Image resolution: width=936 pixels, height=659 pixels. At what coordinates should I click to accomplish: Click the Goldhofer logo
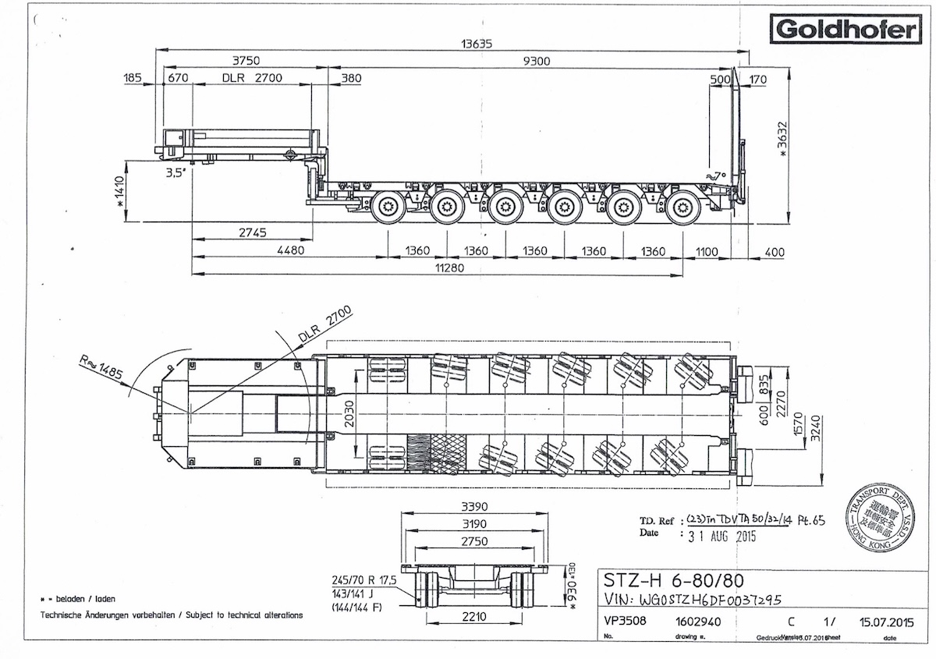point(845,30)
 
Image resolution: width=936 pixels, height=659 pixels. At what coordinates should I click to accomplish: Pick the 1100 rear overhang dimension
point(707,251)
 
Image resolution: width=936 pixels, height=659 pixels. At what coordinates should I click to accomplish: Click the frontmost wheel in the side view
point(387,207)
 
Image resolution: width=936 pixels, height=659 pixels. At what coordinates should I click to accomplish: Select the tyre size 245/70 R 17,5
point(364,580)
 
